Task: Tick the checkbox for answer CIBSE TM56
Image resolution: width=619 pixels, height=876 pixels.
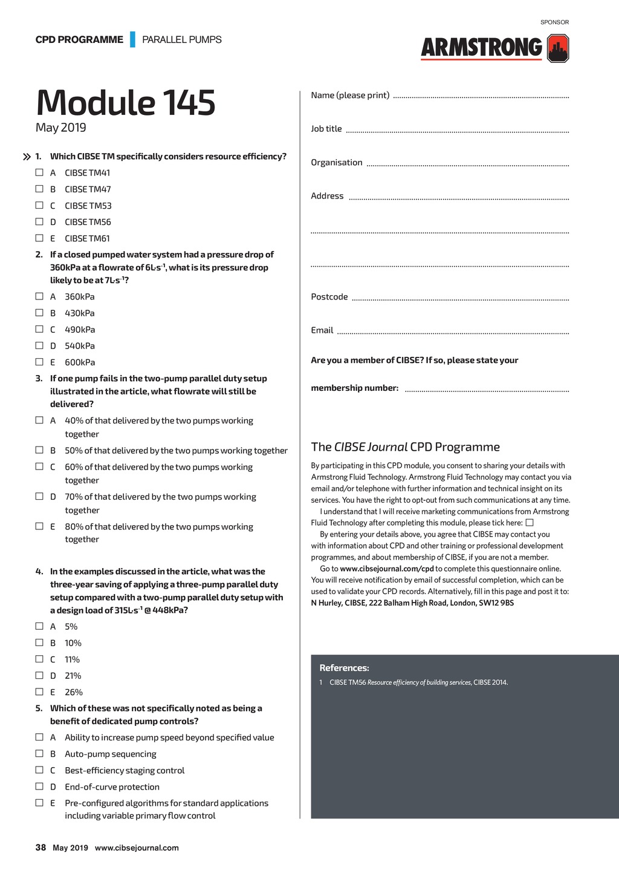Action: pos(39,221)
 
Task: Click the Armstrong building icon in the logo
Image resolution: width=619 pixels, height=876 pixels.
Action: pos(558,48)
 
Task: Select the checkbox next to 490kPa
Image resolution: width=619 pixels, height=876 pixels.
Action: pos(39,329)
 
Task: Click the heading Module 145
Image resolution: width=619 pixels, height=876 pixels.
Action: pos(126,102)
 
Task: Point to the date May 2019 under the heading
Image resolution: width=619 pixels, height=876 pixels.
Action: pos(60,128)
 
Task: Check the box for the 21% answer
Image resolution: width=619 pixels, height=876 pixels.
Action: pos(39,675)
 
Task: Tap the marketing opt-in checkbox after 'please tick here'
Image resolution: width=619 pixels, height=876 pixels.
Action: pos(530,522)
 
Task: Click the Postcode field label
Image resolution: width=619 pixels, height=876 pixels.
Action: pos(329,297)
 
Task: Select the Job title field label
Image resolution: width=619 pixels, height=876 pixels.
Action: pos(326,129)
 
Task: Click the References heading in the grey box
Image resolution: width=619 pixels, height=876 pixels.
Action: pos(344,668)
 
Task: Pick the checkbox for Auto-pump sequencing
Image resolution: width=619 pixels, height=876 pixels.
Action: pos(39,753)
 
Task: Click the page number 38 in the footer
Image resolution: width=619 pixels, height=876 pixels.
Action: pos(41,848)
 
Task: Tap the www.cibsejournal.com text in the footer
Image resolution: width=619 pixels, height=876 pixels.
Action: pos(137,848)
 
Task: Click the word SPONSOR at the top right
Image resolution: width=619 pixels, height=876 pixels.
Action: pos(554,22)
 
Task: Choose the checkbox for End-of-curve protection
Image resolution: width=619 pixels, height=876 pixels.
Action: pos(39,786)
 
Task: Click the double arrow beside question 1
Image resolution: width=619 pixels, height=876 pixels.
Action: pos(27,157)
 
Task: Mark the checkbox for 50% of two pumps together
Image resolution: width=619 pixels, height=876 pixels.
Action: pos(39,449)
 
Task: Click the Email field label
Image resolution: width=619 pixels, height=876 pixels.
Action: pos(322,330)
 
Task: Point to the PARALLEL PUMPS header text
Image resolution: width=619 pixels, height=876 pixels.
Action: pos(182,40)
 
